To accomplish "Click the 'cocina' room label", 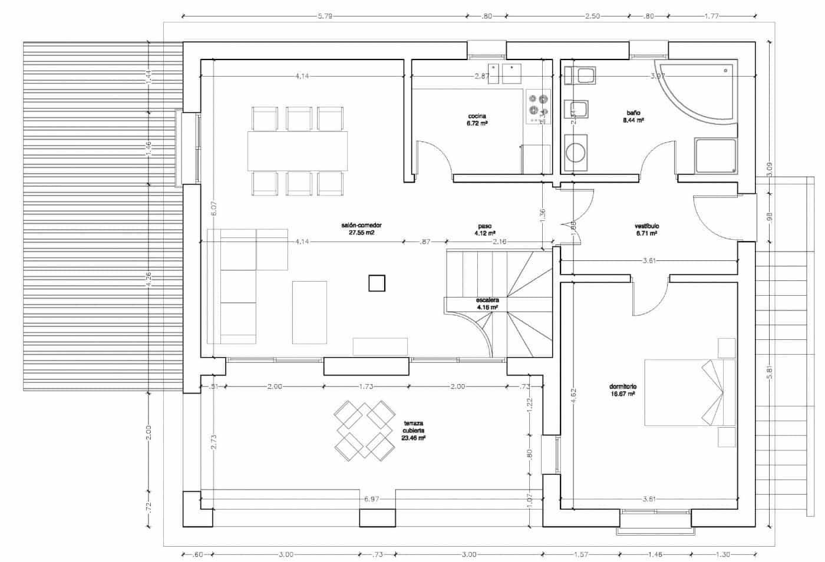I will tap(477, 116).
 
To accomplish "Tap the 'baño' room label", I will tap(633, 112).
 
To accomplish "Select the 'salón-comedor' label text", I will tap(361, 226).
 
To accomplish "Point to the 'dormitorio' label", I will tap(622, 387).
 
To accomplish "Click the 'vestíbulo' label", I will tap(646, 226).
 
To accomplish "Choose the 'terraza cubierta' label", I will tap(414, 427).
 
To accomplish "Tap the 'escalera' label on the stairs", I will tap(487, 300).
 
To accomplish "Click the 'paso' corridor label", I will tap(484, 226).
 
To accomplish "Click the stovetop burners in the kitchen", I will tap(537, 106).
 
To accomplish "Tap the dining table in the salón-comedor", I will tap(298, 150).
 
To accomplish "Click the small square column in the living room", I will tap(377, 283).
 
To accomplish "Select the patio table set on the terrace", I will tap(364, 431).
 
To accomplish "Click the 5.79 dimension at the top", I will tap(325, 16).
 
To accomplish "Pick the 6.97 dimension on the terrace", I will tap(371, 499).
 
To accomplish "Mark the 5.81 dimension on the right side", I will tap(769, 373).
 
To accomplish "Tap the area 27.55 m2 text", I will tap(361, 233).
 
